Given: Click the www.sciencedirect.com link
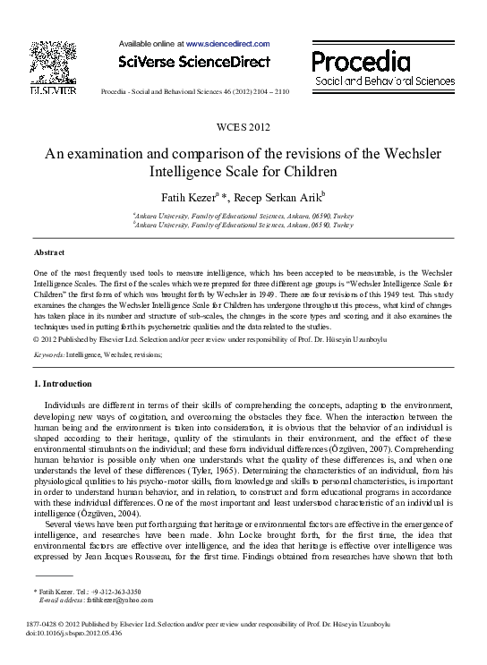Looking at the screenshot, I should pyautogui.click(x=227, y=43).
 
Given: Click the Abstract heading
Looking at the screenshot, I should pyautogui.click(x=50, y=253).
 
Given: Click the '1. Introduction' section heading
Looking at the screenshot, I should pyautogui.click(x=63, y=384).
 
